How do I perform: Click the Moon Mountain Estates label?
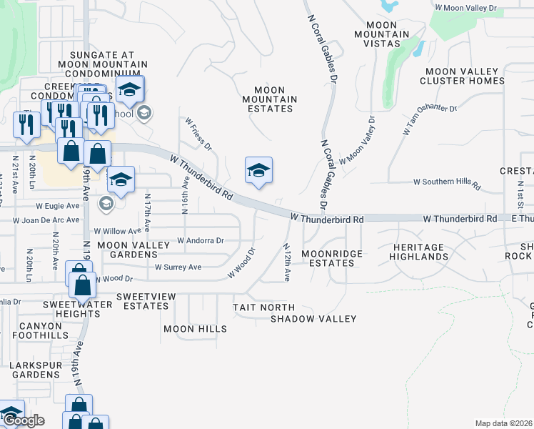click(x=268, y=99)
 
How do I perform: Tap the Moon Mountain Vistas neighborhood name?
click(x=386, y=34)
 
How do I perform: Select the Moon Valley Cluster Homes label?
click(x=462, y=76)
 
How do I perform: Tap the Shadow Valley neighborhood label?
click(x=313, y=319)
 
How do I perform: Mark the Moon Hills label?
click(x=195, y=329)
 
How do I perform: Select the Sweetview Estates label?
click(x=142, y=301)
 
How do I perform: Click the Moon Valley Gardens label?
click(x=133, y=250)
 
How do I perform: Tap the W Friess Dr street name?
click(x=199, y=134)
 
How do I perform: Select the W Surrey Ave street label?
click(x=178, y=267)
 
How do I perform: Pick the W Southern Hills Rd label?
click(x=447, y=182)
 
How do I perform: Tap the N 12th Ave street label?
click(x=287, y=263)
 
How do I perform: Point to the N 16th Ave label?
click(x=185, y=195)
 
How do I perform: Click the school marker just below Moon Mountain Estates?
click(x=258, y=171)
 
